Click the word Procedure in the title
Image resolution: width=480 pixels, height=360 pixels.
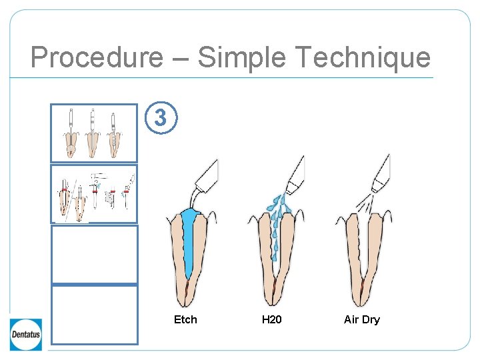pyautogui.click(x=96, y=57)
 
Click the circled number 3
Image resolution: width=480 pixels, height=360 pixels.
pyautogui.click(x=161, y=118)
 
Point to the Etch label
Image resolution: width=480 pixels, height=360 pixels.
pyautogui.click(x=185, y=320)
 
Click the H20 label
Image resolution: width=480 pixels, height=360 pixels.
pyautogui.click(x=272, y=320)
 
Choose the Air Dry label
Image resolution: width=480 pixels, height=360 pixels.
pyautogui.click(x=361, y=320)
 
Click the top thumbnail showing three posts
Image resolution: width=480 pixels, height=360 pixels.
pyautogui.click(x=94, y=133)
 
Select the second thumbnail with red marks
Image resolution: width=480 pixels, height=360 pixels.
pyautogui.click(x=94, y=193)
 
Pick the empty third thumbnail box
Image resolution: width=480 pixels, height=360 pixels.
pyautogui.click(x=94, y=254)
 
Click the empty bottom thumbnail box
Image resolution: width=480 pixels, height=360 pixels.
pyautogui.click(x=94, y=315)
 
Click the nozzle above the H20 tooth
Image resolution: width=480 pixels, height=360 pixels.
pyautogui.click(x=294, y=172)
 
